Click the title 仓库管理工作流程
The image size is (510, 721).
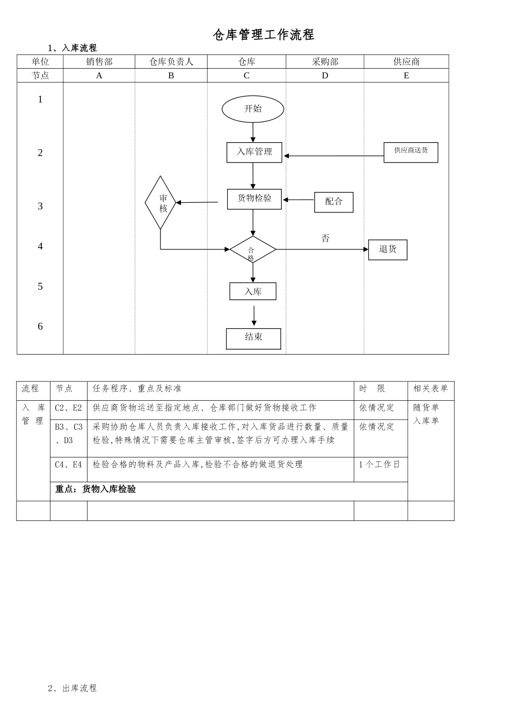[x=263, y=35]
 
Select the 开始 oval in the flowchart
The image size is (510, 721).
[x=253, y=109]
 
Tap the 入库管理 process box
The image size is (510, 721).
[x=254, y=152]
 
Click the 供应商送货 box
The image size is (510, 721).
[x=411, y=152]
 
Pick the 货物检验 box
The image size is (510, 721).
[x=254, y=198]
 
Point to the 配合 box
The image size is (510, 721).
[x=333, y=202]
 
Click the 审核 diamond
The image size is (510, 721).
[x=161, y=203]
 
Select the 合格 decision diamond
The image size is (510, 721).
[x=252, y=250]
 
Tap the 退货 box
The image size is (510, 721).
[x=388, y=249]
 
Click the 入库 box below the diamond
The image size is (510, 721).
[x=253, y=291]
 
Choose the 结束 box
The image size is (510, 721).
[x=253, y=338]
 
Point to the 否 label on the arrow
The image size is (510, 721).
[x=325, y=238]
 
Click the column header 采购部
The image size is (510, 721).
[x=325, y=62]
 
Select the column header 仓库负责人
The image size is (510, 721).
[x=171, y=62]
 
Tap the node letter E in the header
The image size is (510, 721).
[x=406, y=76]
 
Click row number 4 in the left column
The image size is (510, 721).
[x=40, y=246]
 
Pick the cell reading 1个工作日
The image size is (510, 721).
[x=380, y=465]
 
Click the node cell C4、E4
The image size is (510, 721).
[x=68, y=465]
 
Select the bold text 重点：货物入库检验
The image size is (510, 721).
[x=96, y=489]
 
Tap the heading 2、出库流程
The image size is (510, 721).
[x=72, y=688]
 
